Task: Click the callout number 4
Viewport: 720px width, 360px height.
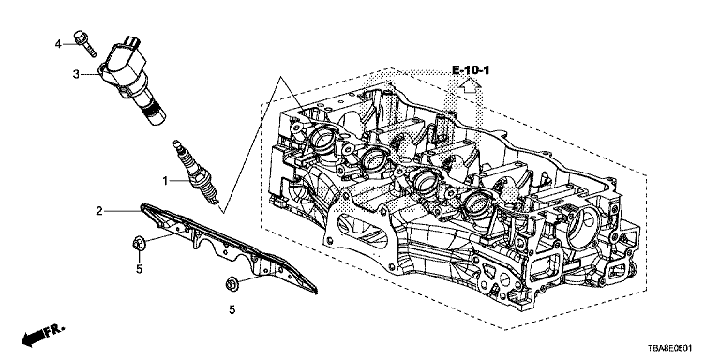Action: (58, 44)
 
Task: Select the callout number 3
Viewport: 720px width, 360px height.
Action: (76, 74)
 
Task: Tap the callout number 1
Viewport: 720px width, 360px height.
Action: (166, 181)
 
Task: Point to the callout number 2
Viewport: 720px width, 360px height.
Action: (99, 211)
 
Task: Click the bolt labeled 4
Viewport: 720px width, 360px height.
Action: (85, 43)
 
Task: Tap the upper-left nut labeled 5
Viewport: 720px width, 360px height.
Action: (138, 244)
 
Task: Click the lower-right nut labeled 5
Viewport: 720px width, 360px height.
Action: (232, 284)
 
